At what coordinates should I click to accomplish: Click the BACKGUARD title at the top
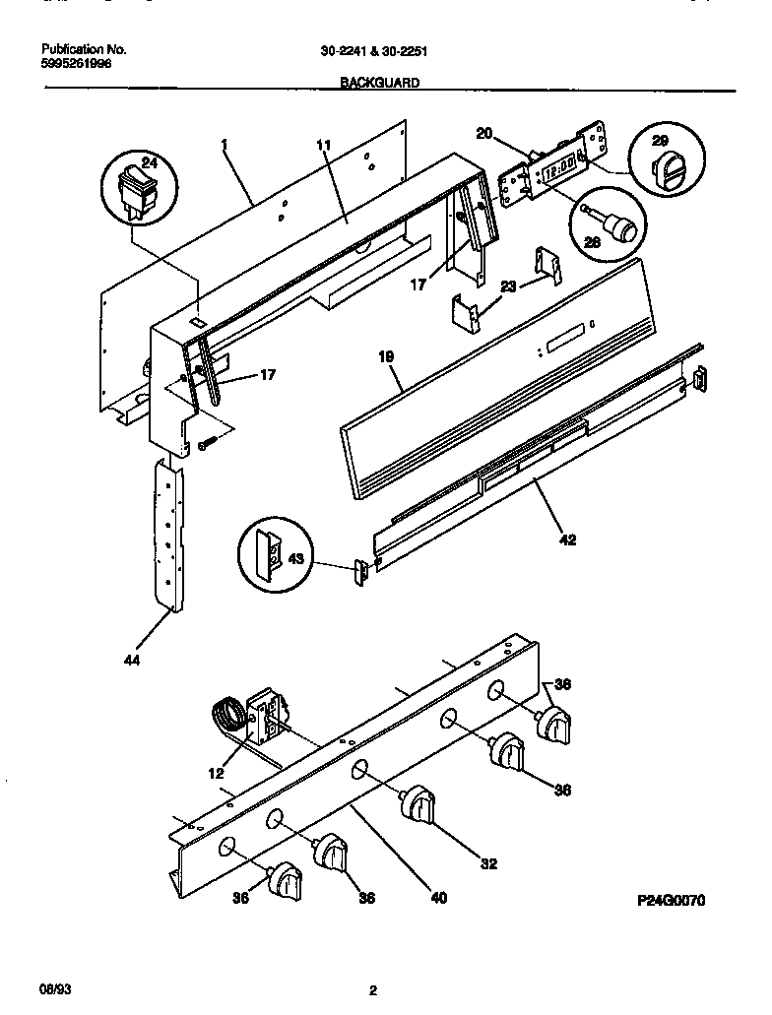(380, 84)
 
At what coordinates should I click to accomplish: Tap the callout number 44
(132, 661)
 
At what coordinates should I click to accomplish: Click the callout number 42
(567, 539)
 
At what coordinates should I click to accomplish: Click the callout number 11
(324, 146)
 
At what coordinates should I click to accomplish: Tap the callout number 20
(483, 134)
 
